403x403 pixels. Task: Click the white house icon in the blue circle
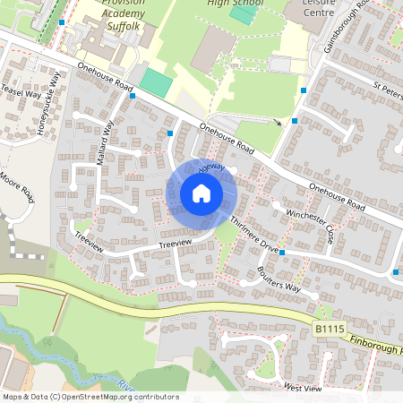[x=201, y=193]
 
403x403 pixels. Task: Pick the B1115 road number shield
[x=330, y=330]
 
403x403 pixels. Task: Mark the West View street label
[x=302, y=387]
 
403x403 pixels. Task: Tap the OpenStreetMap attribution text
[x=90, y=397]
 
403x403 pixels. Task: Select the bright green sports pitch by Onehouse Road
[x=156, y=84]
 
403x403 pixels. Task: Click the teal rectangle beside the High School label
[x=241, y=15]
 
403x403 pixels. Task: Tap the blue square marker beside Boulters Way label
[x=281, y=253]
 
